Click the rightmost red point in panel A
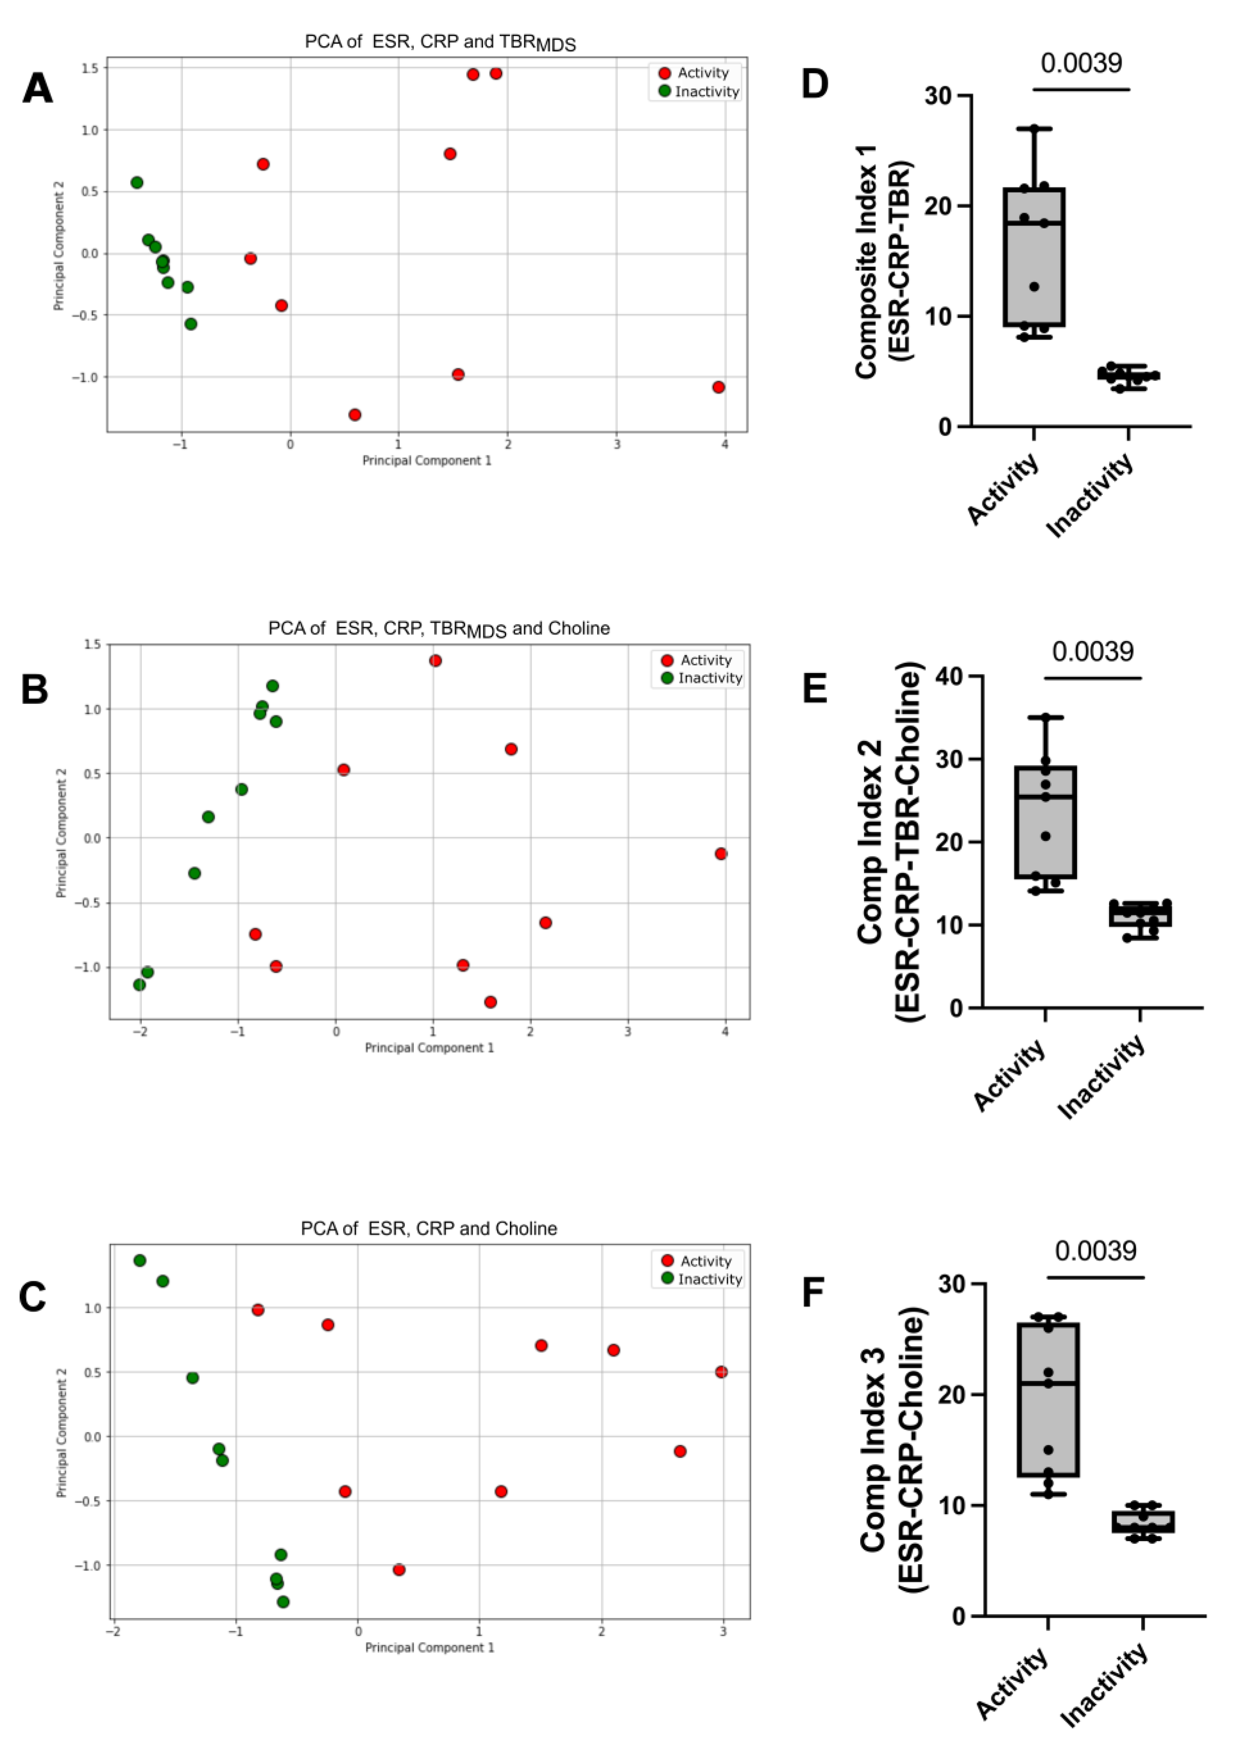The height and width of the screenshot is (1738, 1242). pos(718,387)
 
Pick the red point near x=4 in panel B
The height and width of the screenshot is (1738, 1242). pos(721,853)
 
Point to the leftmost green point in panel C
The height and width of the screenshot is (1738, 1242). pos(140,1260)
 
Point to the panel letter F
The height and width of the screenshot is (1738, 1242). pos(813,1291)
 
